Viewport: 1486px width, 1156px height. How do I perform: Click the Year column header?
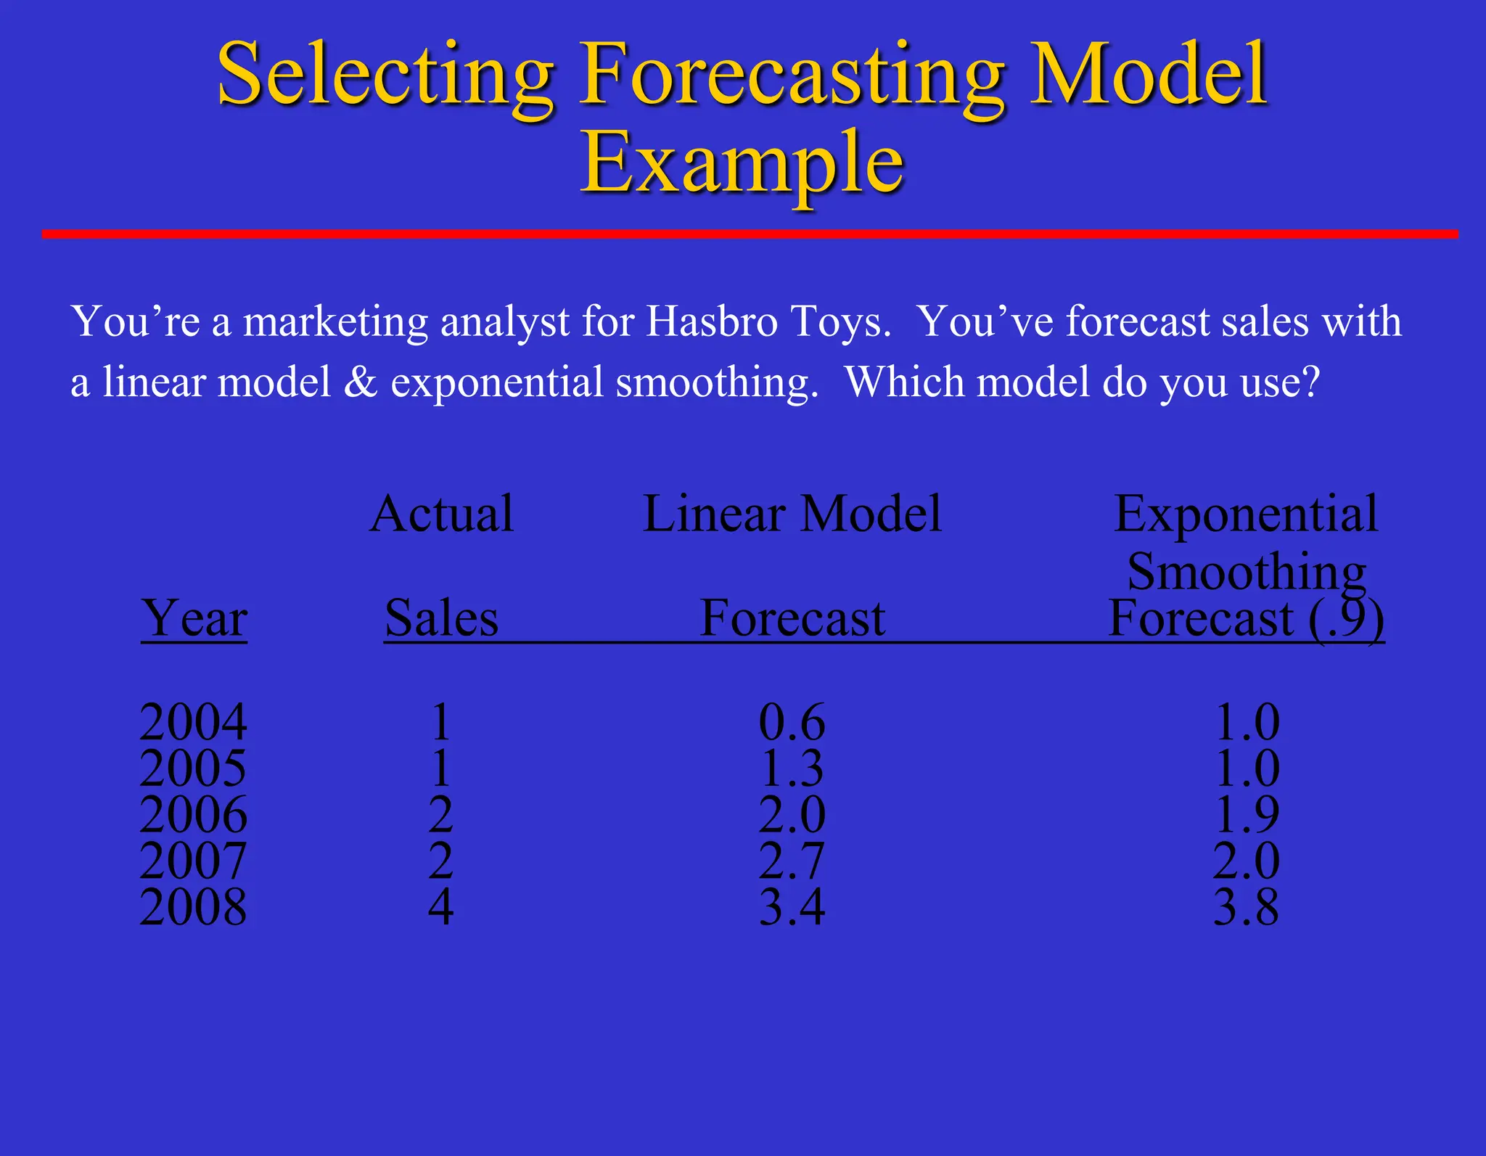(x=194, y=618)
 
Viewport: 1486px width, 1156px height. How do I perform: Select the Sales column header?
(x=441, y=618)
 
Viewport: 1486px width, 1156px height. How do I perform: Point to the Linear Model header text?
(x=792, y=514)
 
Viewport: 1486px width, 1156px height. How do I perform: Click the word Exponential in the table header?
(x=1246, y=514)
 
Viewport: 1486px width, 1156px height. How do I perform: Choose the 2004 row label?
(x=193, y=722)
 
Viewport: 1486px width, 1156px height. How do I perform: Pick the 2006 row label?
(x=193, y=814)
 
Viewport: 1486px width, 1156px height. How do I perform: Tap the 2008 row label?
(x=193, y=906)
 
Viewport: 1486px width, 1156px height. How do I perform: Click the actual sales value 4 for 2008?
(x=441, y=906)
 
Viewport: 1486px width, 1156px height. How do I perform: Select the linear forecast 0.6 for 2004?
(x=792, y=722)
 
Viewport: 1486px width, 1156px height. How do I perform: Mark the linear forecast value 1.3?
(x=792, y=768)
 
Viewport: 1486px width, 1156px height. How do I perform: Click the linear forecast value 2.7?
(x=792, y=861)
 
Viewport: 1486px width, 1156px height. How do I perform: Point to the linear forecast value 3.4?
(x=792, y=906)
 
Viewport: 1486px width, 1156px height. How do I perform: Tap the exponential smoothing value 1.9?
(x=1247, y=814)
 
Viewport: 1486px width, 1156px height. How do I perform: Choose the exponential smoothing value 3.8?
(x=1247, y=906)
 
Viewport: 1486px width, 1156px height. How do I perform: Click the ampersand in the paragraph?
(x=360, y=382)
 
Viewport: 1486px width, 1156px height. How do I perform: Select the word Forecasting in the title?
(x=792, y=75)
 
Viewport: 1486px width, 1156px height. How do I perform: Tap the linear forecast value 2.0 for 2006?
(x=792, y=814)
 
